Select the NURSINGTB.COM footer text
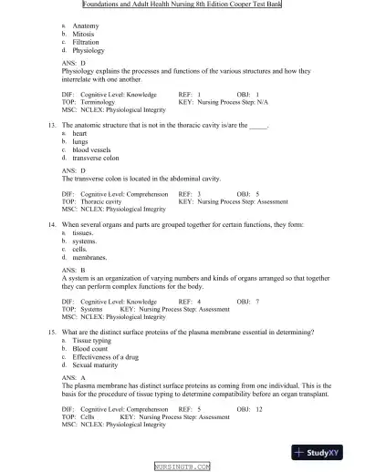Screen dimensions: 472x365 point(182,466)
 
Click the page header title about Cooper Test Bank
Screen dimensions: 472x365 point(182,5)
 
